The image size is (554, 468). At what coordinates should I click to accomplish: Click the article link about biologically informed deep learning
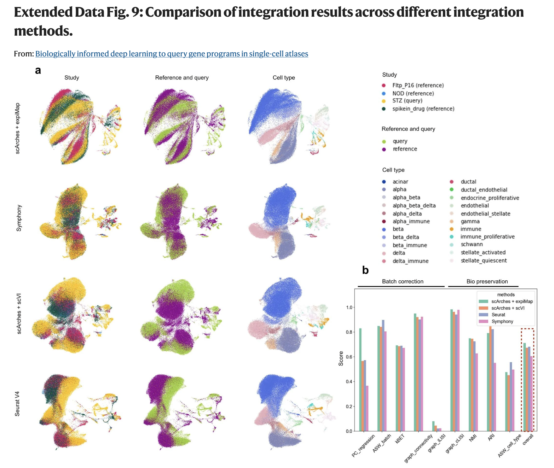coord(172,54)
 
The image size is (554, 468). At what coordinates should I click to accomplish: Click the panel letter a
coord(38,70)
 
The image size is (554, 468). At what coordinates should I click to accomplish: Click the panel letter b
coord(365,270)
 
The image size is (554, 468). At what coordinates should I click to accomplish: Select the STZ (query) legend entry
coord(407,101)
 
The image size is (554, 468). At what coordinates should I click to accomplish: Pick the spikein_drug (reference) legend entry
coord(423,109)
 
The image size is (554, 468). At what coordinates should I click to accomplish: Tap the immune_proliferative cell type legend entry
coord(487,237)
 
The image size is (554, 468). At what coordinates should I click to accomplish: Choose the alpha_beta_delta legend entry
coord(414,206)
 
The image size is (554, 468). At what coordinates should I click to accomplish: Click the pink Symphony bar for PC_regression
coord(367,408)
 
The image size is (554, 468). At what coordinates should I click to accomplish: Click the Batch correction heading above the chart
coord(402,281)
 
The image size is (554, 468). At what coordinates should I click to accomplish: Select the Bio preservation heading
coord(487,281)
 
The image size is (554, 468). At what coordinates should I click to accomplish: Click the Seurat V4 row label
coord(18,404)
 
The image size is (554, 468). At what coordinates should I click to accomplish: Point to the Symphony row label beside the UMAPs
coord(19,218)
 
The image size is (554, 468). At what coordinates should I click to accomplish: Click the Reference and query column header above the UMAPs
coord(182,78)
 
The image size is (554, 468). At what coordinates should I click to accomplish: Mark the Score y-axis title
coord(341,359)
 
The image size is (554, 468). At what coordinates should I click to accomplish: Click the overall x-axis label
coord(528,439)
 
